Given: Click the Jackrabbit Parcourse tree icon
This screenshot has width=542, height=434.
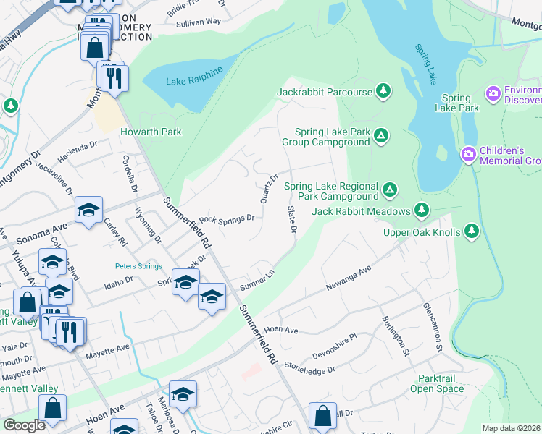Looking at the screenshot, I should [x=383, y=91].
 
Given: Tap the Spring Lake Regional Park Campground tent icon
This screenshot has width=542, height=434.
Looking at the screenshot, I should [x=390, y=190].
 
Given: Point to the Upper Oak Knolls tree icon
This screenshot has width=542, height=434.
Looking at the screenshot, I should [x=472, y=231].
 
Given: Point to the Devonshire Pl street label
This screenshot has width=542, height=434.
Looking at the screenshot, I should [x=334, y=346].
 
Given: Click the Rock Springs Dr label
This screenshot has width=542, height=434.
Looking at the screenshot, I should [x=227, y=218].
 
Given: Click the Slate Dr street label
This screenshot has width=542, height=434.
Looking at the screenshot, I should [x=293, y=219].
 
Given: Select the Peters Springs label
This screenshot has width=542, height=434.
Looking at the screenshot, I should [x=138, y=266].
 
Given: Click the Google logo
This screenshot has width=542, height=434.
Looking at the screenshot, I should [x=24, y=425].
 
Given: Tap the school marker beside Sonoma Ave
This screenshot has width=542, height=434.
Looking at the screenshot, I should [x=88, y=210].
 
